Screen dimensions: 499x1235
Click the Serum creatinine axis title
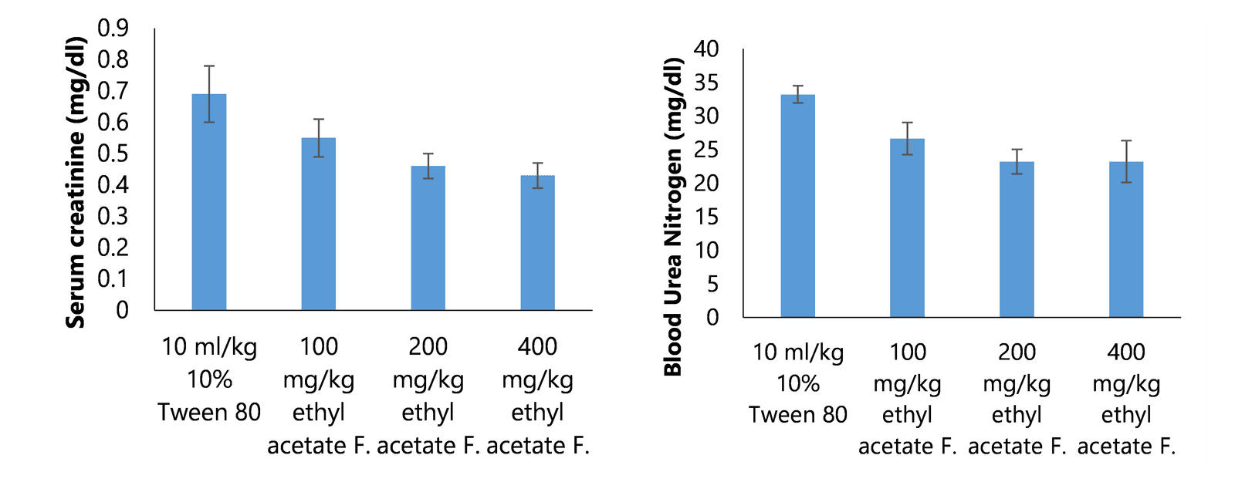[x=76, y=182]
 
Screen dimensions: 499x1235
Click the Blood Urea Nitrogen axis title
[x=673, y=217]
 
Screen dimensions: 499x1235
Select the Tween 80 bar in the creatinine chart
[x=209, y=202]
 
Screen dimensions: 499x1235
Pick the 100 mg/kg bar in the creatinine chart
[x=319, y=224]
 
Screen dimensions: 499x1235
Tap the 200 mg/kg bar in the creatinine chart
[x=428, y=238]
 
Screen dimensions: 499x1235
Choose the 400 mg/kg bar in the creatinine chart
[x=538, y=243]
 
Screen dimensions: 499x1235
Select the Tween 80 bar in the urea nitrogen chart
[x=798, y=206]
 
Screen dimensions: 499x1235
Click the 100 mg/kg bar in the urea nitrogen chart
[x=908, y=228]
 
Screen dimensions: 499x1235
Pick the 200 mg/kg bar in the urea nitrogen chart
[x=1017, y=239]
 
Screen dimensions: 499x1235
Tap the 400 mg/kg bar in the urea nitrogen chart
[x=1126, y=239]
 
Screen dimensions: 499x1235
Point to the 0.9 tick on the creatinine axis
[x=113, y=28]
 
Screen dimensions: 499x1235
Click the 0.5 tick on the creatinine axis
[x=113, y=153]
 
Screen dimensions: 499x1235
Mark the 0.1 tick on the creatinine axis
[x=113, y=278]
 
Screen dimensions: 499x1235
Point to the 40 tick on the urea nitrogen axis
[x=706, y=49]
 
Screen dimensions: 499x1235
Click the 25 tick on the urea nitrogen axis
[x=706, y=150]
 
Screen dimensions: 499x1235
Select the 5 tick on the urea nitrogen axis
[x=711, y=284]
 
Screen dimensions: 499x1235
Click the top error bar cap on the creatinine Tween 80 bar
[x=209, y=66]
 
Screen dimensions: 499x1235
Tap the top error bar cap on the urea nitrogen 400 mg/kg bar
[x=1126, y=141]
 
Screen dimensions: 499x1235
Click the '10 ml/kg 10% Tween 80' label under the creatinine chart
[x=209, y=379]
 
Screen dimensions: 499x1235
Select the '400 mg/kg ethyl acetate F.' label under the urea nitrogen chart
[x=1126, y=399]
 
